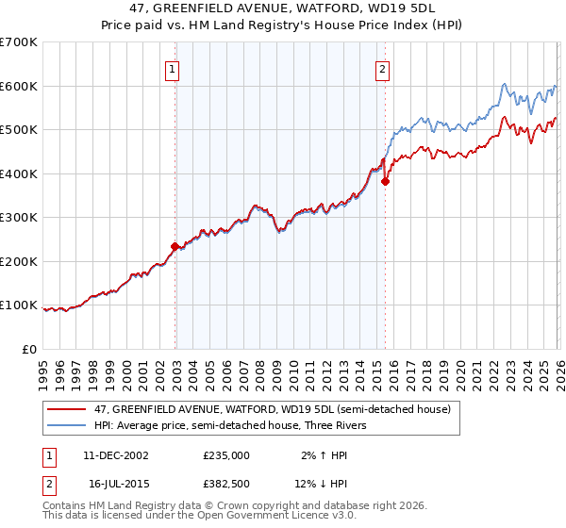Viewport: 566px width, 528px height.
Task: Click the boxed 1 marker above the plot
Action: point(175,68)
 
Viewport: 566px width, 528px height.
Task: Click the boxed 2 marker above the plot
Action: point(383,68)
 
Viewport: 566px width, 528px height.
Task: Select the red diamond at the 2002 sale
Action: point(175,247)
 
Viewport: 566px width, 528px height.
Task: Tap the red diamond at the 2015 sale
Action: point(384,182)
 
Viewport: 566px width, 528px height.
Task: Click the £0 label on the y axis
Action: point(29,349)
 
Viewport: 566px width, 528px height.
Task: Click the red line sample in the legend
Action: point(67,409)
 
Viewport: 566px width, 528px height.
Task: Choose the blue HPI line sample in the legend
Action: point(67,424)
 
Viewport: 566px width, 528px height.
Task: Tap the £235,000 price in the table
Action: point(226,454)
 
